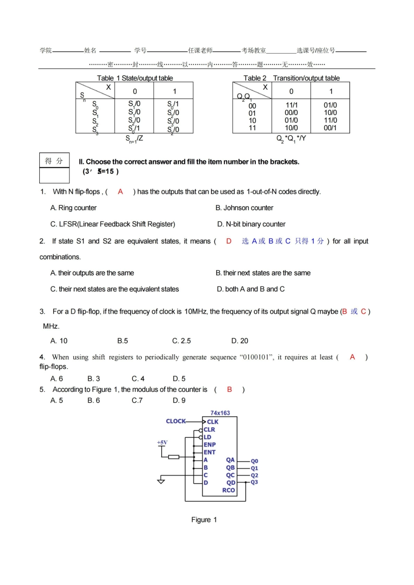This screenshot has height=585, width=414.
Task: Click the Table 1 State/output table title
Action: point(135,78)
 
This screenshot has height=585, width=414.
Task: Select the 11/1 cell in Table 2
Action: point(292,105)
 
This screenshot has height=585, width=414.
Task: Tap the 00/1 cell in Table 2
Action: point(330,128)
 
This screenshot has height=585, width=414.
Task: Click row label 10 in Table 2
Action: point(252,121)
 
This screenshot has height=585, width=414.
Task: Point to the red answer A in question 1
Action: point(120,192)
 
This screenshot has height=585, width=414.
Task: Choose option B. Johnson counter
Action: point(244,208)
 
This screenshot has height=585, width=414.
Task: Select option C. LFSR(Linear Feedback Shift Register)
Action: point(112,224)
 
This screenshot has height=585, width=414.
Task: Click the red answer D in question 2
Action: point(228,241)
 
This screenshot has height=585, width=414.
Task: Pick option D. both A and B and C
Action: point(251,289)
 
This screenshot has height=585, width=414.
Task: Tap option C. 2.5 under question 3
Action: point(181,341)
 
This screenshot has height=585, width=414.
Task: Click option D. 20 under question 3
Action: point(240,341)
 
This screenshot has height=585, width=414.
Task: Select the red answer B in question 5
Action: point(229,390)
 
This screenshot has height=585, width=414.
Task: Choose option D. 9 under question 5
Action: point(179,400)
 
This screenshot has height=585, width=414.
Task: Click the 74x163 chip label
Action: point(220,413)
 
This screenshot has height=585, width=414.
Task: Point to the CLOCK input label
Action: point(176,421)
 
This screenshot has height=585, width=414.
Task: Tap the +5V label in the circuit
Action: point(162,443)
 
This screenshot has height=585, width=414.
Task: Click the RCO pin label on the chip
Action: point(228,490)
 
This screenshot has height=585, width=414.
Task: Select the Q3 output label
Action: point(255,482)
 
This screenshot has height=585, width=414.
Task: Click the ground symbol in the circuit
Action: point(161,481)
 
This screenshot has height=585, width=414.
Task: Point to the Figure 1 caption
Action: point(204,520)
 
